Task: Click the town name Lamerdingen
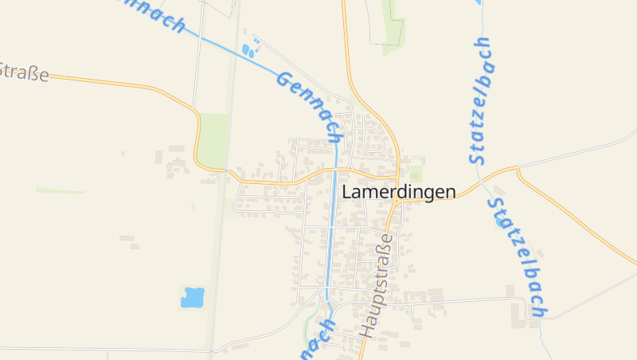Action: click(399, 192)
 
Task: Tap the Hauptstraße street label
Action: click(377, 284)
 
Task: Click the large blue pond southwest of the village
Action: click(193, 297)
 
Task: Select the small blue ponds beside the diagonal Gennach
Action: click(249, 51)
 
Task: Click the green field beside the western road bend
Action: click(213, 139)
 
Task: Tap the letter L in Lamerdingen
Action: click(347, 192)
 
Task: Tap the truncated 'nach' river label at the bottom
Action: click(317, 338)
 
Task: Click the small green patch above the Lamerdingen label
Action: click(415, 172)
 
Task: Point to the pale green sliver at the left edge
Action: click(60, 190)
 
